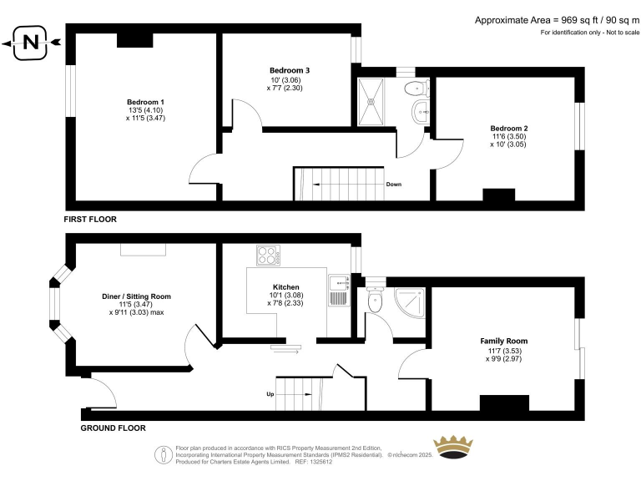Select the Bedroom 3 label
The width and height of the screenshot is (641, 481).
pyautogui.click(x=290, y=69)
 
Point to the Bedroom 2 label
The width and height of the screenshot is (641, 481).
pyautogui.click(x=508, y=128)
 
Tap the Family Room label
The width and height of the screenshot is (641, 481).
pyautogui.click(x=503, y=341)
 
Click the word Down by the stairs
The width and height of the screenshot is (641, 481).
pyautogui.click(x=395, y=185)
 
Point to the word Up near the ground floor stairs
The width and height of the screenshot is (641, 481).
pyautogui.click(x=270, y=394)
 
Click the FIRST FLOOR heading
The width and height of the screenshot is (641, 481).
pyautogui.click(x=90, y=220)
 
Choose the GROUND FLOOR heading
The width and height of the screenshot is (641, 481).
pyautogui.click(x=113, y=428)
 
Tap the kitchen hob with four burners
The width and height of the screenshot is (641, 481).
pyautogui.click(x=268, y=256)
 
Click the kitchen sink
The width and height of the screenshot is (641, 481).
pyautogui.click(x=337, y=291)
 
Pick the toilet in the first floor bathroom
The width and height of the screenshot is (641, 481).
pyautogui.click(x=413, y=89)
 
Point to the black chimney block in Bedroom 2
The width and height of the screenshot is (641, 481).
pyautogui.click(x=499, y=195)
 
